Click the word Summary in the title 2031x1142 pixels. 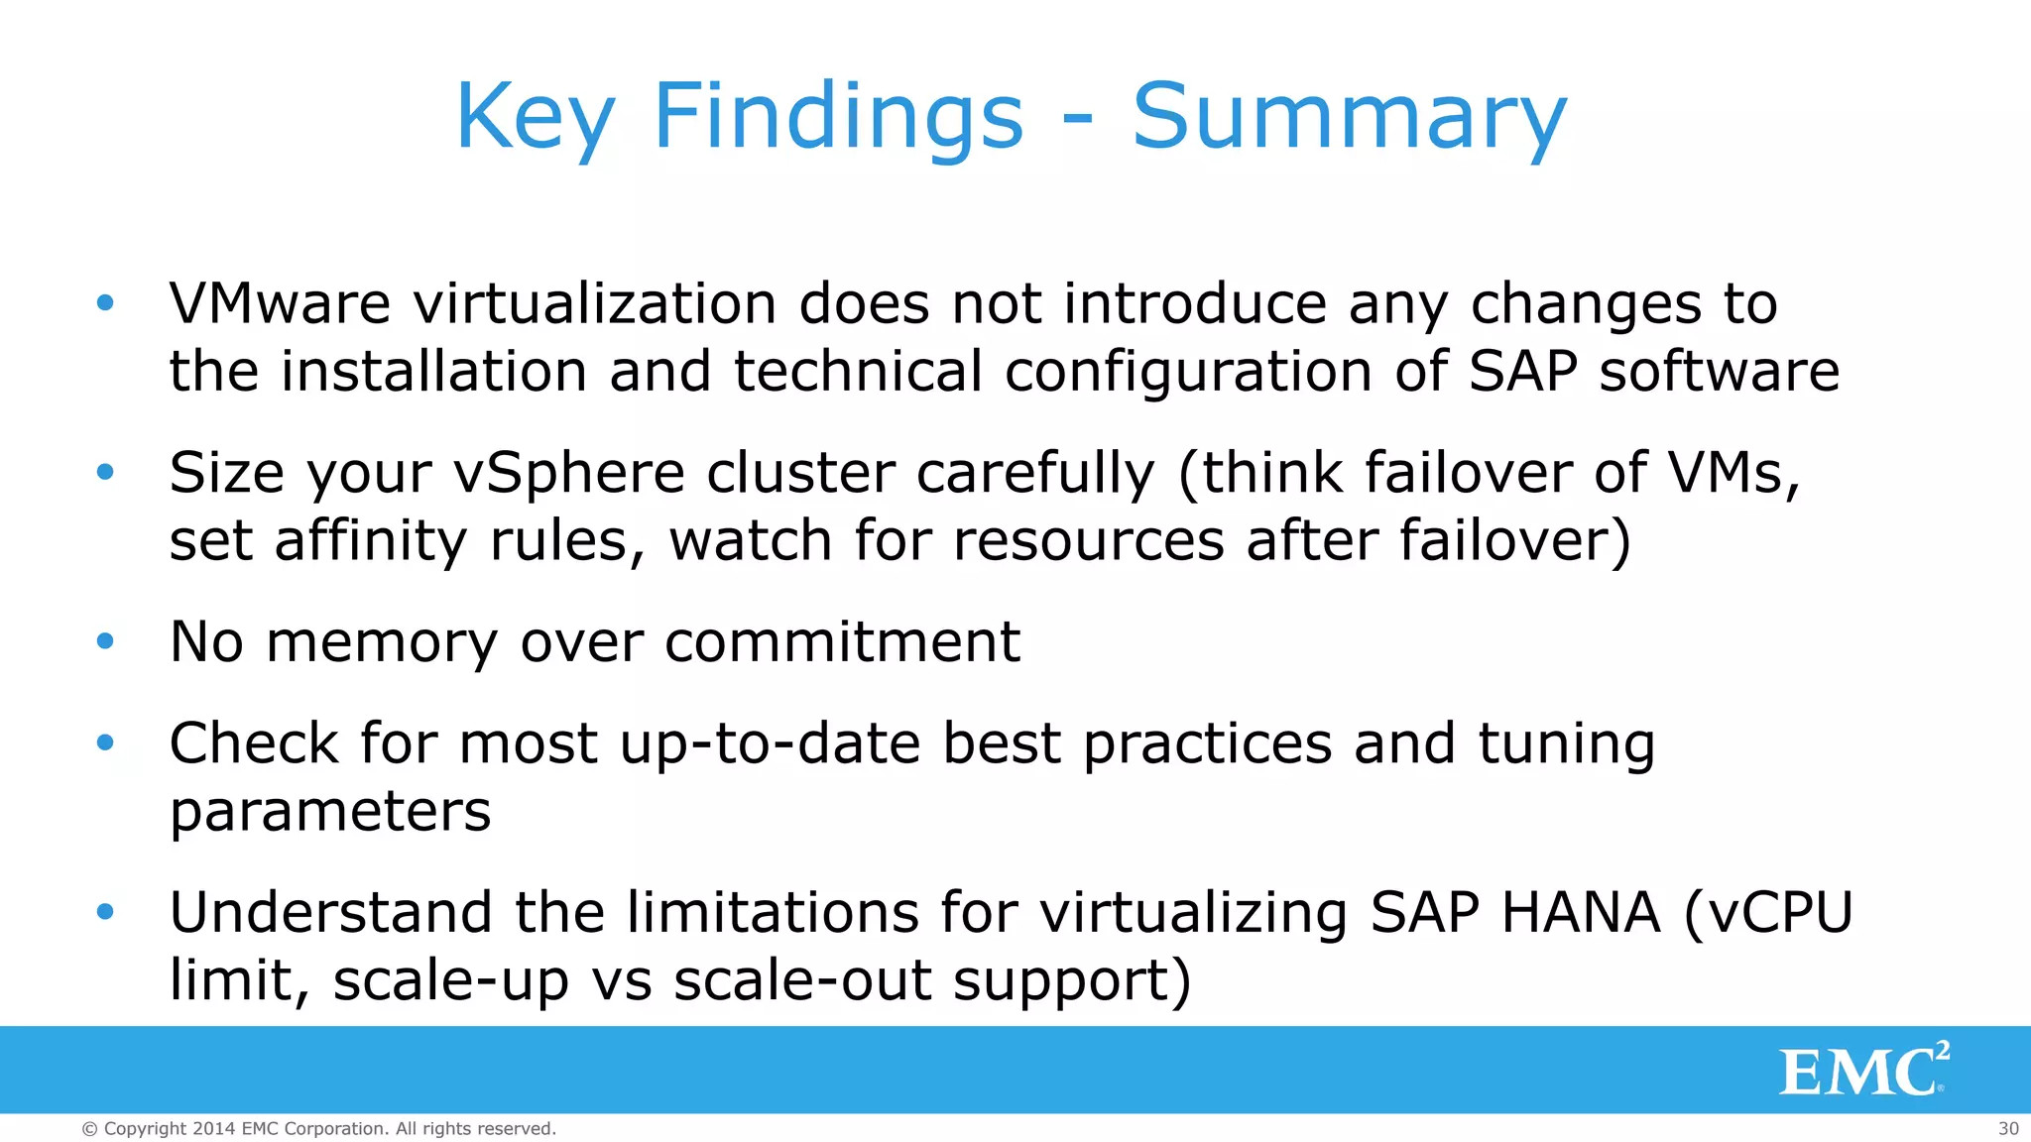coord(1349,117)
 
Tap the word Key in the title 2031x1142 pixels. coord(536,117)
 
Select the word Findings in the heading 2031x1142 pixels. coord(838,117)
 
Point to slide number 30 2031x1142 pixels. coord(2008,1128)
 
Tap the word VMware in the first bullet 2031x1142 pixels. coord(280,303)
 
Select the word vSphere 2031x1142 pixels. coord(569,474)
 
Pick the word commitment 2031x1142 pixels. coord(842,642)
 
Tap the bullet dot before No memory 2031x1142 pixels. coord(105,642)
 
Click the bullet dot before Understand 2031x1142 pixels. coord(105,912)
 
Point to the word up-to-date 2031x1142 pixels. coord(770,743)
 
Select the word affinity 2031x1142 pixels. coord(370,541)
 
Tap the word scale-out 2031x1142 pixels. coord(802,980)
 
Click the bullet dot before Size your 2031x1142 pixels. coord(105,473)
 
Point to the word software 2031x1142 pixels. coord(1719,372)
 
